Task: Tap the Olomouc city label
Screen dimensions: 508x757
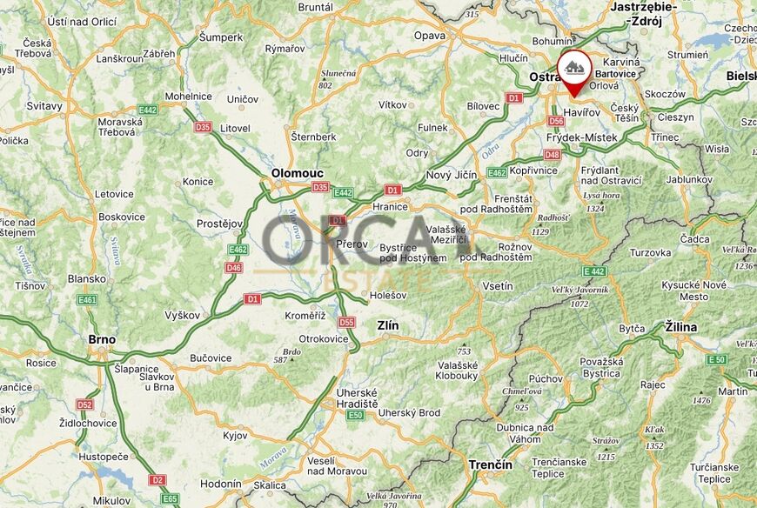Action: click(298, 173)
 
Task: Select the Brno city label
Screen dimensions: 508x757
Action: click(103, 340)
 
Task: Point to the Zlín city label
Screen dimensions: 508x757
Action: click(387, 325)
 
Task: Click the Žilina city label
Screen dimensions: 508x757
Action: click(681, 326)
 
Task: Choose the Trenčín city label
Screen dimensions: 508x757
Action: click(490, 465)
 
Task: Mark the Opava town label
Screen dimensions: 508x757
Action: click(429, 36)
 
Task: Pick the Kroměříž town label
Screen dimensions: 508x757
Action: click(305, 316)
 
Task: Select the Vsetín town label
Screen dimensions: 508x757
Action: click(497, 286)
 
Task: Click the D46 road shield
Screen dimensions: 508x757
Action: click(234, 268)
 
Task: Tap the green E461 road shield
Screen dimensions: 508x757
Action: click(87, 300)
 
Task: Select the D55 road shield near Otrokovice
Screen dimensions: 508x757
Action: click(346, 322)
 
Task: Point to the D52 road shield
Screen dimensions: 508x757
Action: click(84, 404)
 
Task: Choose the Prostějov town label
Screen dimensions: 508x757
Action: click(218, 224)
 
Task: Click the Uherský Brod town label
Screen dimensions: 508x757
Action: click(409, 412)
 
